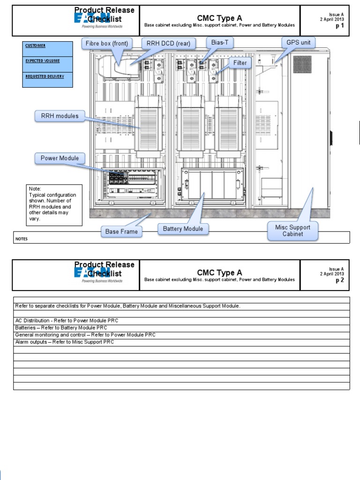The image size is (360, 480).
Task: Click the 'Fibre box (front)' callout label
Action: pos(107,44)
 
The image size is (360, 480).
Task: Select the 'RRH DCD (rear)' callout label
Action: pos(168,44)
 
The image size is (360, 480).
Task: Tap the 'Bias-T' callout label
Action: pos(219,43)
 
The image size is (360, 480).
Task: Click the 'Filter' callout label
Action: pos(239,62)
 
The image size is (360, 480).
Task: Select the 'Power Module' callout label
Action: pos(60,158)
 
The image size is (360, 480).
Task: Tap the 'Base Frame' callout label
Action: pos(122,231)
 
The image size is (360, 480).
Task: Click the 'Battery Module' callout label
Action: pos(183,229)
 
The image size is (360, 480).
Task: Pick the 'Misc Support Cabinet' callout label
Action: pos(292,231)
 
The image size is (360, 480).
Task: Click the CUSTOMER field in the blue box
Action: pos(35,46)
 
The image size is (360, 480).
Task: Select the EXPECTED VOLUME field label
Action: pos(42,60)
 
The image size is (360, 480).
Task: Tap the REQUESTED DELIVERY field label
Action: pos(45,76)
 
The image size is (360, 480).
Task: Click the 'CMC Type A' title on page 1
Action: pos(219,18)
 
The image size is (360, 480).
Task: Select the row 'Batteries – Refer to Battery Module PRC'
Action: pos(67,328)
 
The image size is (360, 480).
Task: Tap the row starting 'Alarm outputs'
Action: pos(64,342)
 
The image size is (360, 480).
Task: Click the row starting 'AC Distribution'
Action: pos(67,321)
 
